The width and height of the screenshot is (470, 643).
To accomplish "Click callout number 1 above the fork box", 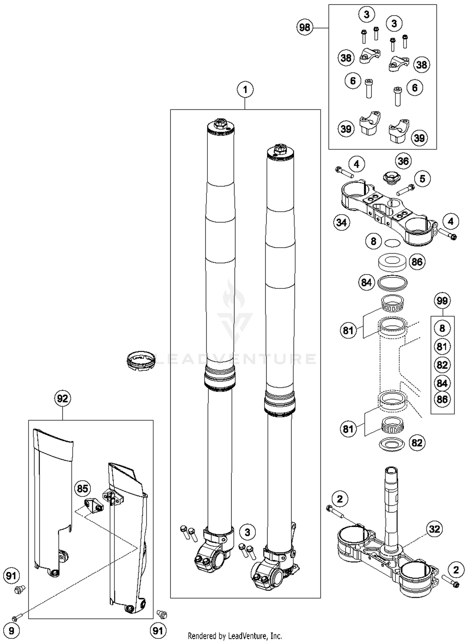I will [x=245, y=90].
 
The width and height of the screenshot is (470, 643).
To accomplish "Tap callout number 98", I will [x=305, y=28].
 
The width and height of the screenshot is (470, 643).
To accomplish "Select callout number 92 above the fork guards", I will [x=62, y=399].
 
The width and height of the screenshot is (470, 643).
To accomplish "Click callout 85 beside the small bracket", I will [x=82, y=489].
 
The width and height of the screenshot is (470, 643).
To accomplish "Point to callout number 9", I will [x=11, y=630].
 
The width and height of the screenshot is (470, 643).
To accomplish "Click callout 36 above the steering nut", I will [x=403, y=161].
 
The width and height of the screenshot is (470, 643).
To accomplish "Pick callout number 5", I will [x=422, y=179].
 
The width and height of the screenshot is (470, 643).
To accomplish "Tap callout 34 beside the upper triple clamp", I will [x=342, y=222].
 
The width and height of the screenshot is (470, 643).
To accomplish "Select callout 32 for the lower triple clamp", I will [x=434, y=529].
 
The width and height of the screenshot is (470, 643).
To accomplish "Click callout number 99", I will [x=442, y=301].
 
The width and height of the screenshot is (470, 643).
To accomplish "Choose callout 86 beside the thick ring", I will [x=417, y=262].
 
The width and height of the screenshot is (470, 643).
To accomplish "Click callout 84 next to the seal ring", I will [x=366, y=283].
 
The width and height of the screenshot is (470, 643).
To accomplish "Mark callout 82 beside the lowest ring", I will [x=417, y=443].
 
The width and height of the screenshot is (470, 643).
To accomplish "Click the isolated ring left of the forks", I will [x=141, y=361].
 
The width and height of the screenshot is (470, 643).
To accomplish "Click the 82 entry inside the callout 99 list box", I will [x=442, y=365].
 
